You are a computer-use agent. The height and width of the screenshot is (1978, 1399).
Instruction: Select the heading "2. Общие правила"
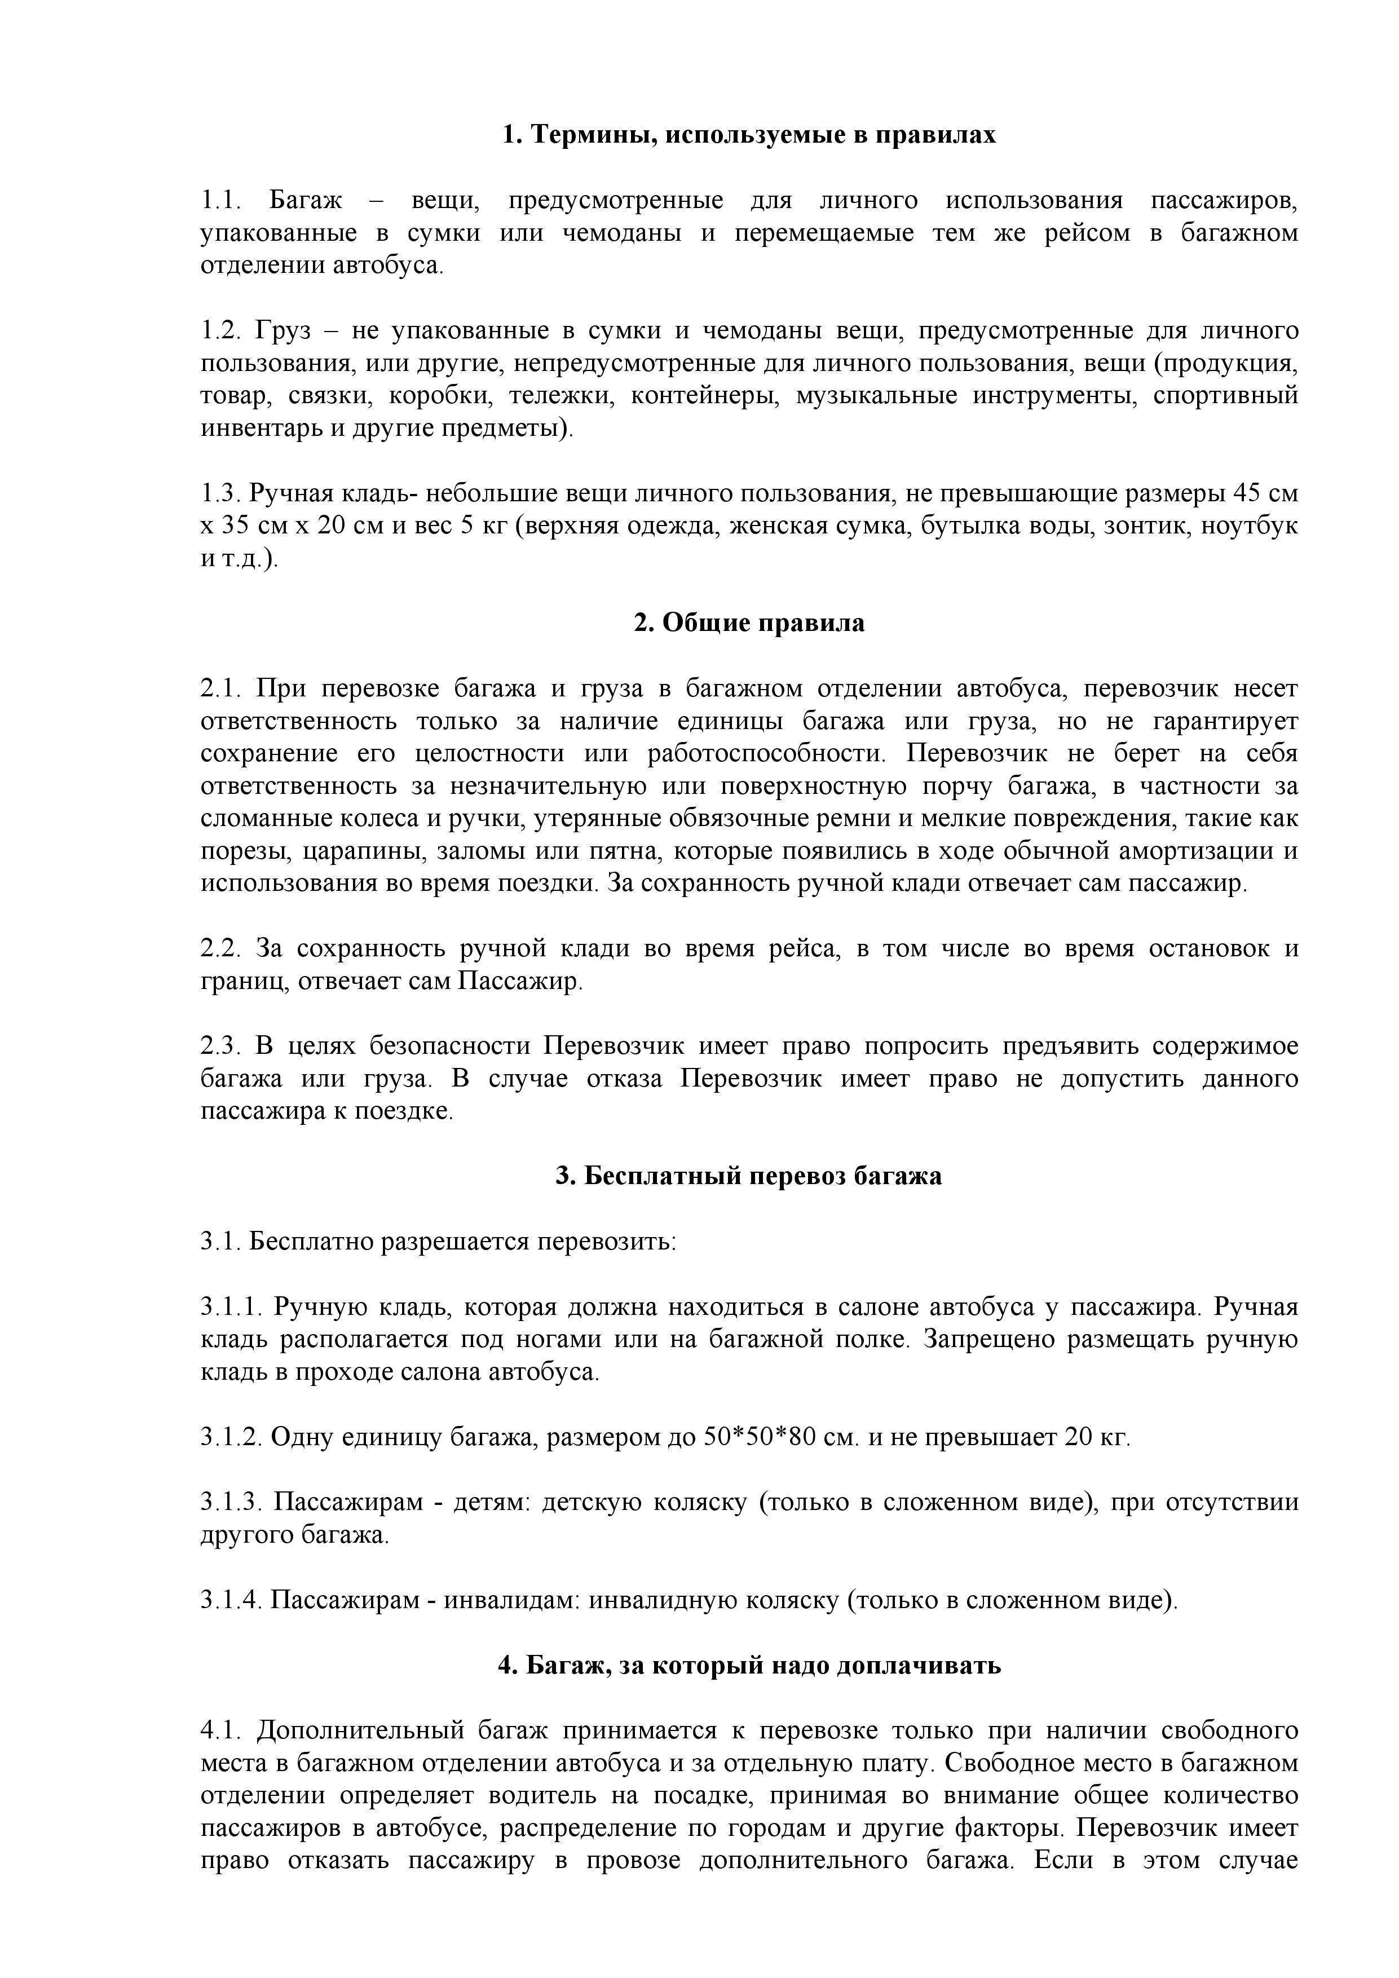pyautogui.click(x=749, y=623)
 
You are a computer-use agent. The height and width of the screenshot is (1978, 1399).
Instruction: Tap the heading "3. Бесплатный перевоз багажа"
pyautogui.click(x=749, y=1176)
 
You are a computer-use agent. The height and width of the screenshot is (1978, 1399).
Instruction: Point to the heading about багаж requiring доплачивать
pyautogui.click(x=749, y=1665)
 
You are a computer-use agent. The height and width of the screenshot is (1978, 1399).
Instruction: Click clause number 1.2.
pyautogui.click(x=222, y=331)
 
